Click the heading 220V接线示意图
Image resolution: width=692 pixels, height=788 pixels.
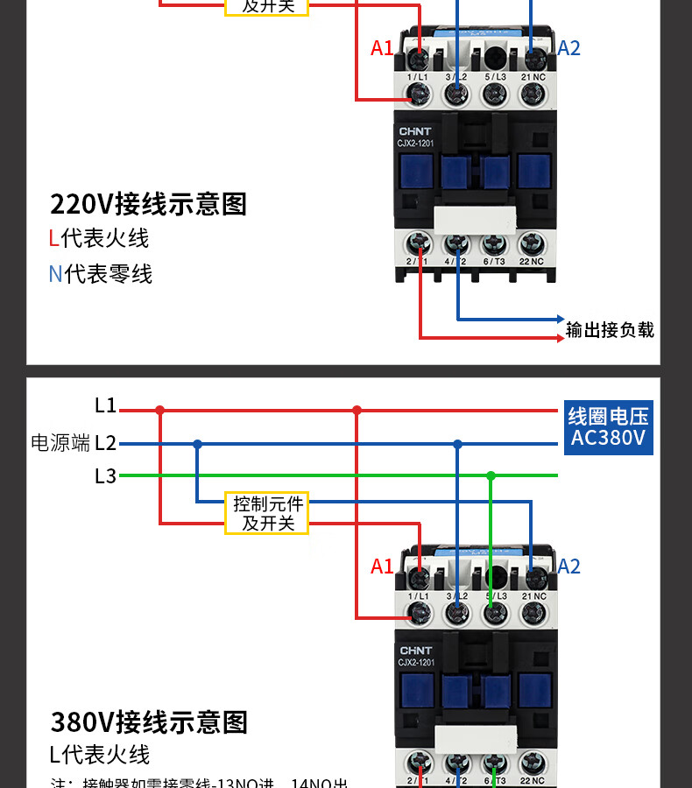pyautogui.click(x=149, y=204)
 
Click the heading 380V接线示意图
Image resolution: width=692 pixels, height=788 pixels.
pyautogui.click(x=149, y=722)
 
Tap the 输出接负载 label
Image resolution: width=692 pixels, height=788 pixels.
pyautogui.click(x=610, y=329)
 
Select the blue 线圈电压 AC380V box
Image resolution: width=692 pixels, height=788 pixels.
pyautogui.click(x=608, y=426)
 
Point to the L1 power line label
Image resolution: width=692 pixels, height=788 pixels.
pyautogui.click(x=105, y=405)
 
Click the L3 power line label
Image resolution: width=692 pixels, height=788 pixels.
pyautogui.click(x=105, y=476)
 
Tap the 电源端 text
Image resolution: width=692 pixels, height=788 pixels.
pyautogui.click(x=60, y=443)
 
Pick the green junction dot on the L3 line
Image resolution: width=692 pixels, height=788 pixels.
pyautogui.click(x=491, y=475)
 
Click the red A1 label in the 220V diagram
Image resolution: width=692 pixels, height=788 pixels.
pyautogui.click(x=382, y=48)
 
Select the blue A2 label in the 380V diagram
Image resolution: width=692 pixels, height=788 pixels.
pyautogui.click(x=568, y=566)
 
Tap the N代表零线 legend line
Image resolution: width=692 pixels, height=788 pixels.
pyautogui.click(x=100, y=274)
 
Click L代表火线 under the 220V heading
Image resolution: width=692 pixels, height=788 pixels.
pyautogui.click(x=99, y=238)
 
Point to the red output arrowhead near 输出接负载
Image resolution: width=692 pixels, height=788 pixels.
pyautogui.click(x=558, y=338)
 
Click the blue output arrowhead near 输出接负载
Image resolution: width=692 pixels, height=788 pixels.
pyautogui.click(x=558, y=320)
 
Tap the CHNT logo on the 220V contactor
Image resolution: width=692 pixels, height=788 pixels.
pyautogui.click(x=415, y=130)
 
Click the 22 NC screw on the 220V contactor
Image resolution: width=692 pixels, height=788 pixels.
pyautogui.click(x=531, y=243)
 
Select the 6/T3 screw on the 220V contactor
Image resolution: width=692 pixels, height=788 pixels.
pyautogui.click(x=494, y=243)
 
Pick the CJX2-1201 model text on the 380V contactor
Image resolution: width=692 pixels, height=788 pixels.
pyautogui.click(x=417, y=663)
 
